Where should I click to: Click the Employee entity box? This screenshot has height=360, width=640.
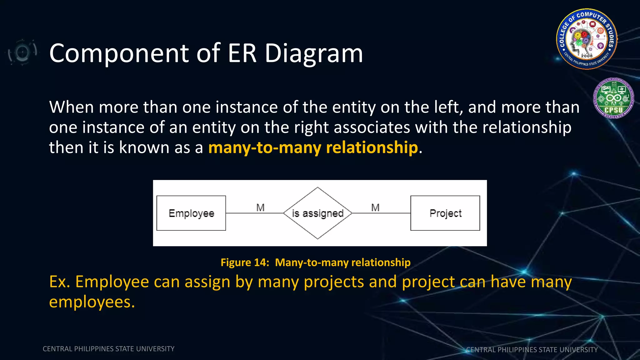click(x=191, y=213)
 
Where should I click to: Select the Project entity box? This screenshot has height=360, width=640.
click(x=445, y=213)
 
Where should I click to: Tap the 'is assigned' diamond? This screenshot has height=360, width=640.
click(x=317, y=213)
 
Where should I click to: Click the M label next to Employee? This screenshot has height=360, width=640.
click(x=260, y=207)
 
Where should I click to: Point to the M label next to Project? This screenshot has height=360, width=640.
click(x=375, y=207)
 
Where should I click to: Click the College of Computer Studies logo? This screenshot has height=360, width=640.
click(x=587, y=39)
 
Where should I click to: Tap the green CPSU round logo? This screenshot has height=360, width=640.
click(x=613, y=98)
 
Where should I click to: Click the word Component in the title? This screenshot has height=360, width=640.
click(x=119, y=53)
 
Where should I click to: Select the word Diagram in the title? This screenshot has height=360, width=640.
click(x=314, y=53)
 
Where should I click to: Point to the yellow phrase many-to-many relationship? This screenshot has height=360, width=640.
click(x=313, y=147)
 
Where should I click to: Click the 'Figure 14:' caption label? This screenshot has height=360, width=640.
click(x=245, y=262)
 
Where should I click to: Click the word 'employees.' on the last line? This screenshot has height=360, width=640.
click(x=92, y=302)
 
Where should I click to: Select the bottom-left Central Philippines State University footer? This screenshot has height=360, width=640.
click(x=108, y=349)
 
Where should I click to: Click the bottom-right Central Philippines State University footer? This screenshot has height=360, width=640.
click(x=532, y=350)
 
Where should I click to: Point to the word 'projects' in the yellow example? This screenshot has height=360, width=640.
click(x=334, y=282)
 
